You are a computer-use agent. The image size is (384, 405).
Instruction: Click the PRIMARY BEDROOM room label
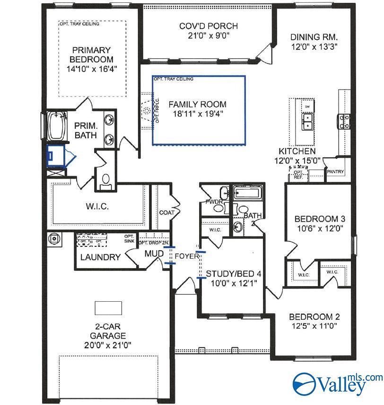pos(92,54)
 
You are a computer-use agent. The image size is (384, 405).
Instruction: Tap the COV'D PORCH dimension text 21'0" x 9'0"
pos(208,36)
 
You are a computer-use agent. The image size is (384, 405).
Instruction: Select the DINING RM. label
pos(314,37)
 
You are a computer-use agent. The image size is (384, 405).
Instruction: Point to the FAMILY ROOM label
pos(197,104)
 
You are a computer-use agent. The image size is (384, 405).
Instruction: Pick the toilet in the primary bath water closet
pos(106,180)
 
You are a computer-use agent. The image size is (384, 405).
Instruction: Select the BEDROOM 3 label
pos(320,219)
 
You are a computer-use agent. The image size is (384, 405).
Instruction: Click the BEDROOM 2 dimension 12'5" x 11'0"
pos(314,326)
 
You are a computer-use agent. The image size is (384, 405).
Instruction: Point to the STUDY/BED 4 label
pos(233,274)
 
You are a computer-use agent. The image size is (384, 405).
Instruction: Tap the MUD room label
pos(154,254)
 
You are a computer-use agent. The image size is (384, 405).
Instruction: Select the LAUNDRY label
pos(100,257)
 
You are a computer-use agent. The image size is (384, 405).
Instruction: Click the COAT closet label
pos(167,213)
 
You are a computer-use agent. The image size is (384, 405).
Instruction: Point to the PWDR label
pos(210,201)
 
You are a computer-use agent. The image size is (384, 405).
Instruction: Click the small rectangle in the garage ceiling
pos(108,308)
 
